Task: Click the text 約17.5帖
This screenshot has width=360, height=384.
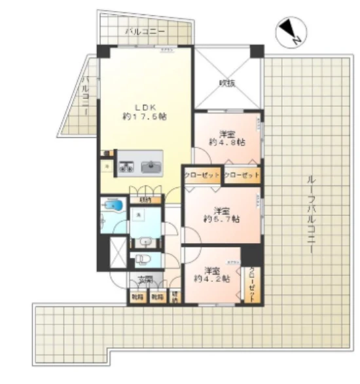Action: (144, 117)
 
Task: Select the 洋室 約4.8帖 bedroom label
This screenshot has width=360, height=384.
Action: (227, 136)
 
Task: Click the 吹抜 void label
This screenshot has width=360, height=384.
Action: (227, 83)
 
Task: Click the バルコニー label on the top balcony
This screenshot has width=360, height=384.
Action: (145, 31)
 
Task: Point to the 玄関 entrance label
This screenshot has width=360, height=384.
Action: (145, 280)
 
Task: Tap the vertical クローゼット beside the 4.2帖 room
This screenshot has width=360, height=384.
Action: (253, 283)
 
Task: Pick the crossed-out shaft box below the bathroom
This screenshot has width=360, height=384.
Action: (117, 252)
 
